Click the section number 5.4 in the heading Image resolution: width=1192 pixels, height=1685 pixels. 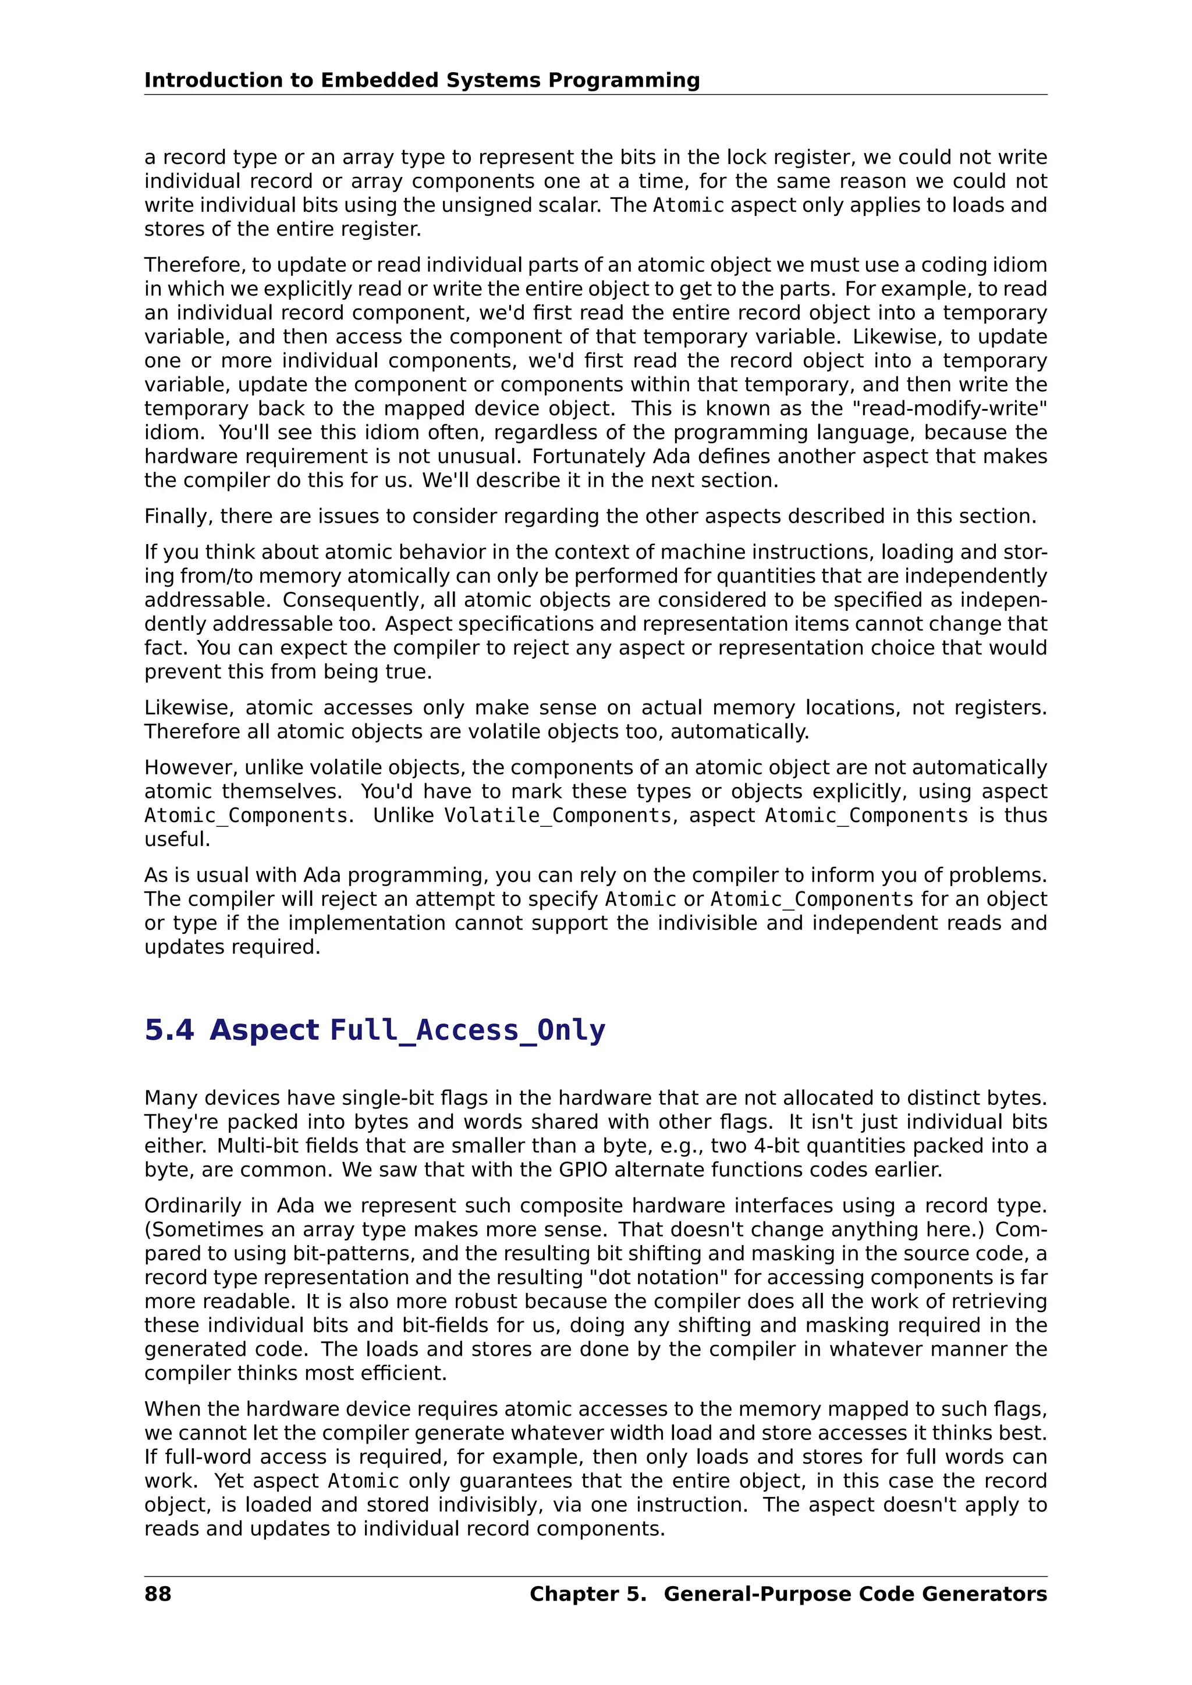coord(169,1030)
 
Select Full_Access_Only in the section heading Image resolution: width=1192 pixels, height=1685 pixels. coord(467,1030)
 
